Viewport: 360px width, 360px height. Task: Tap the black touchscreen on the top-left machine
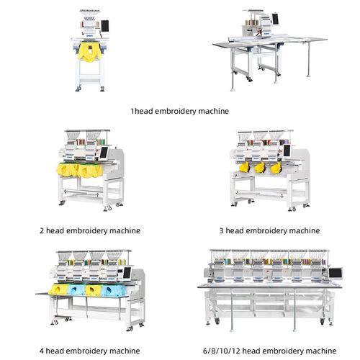104,26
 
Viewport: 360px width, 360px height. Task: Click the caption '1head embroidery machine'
179,112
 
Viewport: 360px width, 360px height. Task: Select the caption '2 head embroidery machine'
89,230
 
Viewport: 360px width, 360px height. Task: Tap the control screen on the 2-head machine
105,154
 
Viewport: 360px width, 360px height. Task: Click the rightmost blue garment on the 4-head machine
112,289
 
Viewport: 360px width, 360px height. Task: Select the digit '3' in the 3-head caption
221,230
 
